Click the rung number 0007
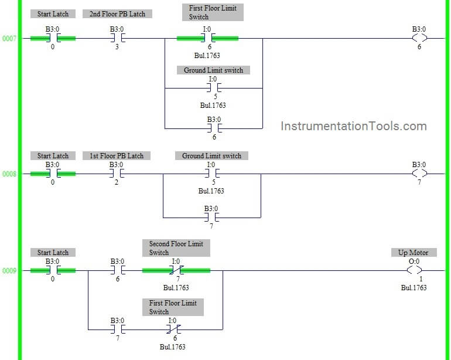point(9,39)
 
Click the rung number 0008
point(9,174)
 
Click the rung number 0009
point(9,271)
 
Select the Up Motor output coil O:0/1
point(414,271)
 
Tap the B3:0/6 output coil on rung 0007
point(419,39)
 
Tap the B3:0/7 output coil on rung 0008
point(419,174)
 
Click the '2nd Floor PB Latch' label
point(117,13)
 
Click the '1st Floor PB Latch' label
point(117,155)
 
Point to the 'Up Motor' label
point(413,252)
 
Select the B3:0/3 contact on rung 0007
point(117,39)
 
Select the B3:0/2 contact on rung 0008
point(117,174)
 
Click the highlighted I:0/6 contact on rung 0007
point(207,39)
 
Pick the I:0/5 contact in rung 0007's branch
point(213,89)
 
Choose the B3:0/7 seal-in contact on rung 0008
point(211,218)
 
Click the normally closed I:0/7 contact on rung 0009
point(176,271)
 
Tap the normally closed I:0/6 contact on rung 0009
point(173,330)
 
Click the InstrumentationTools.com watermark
point(354,126)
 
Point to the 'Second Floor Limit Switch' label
point(176,247)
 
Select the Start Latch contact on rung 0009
point(53,271)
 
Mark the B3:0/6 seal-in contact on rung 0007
point(214,128)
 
